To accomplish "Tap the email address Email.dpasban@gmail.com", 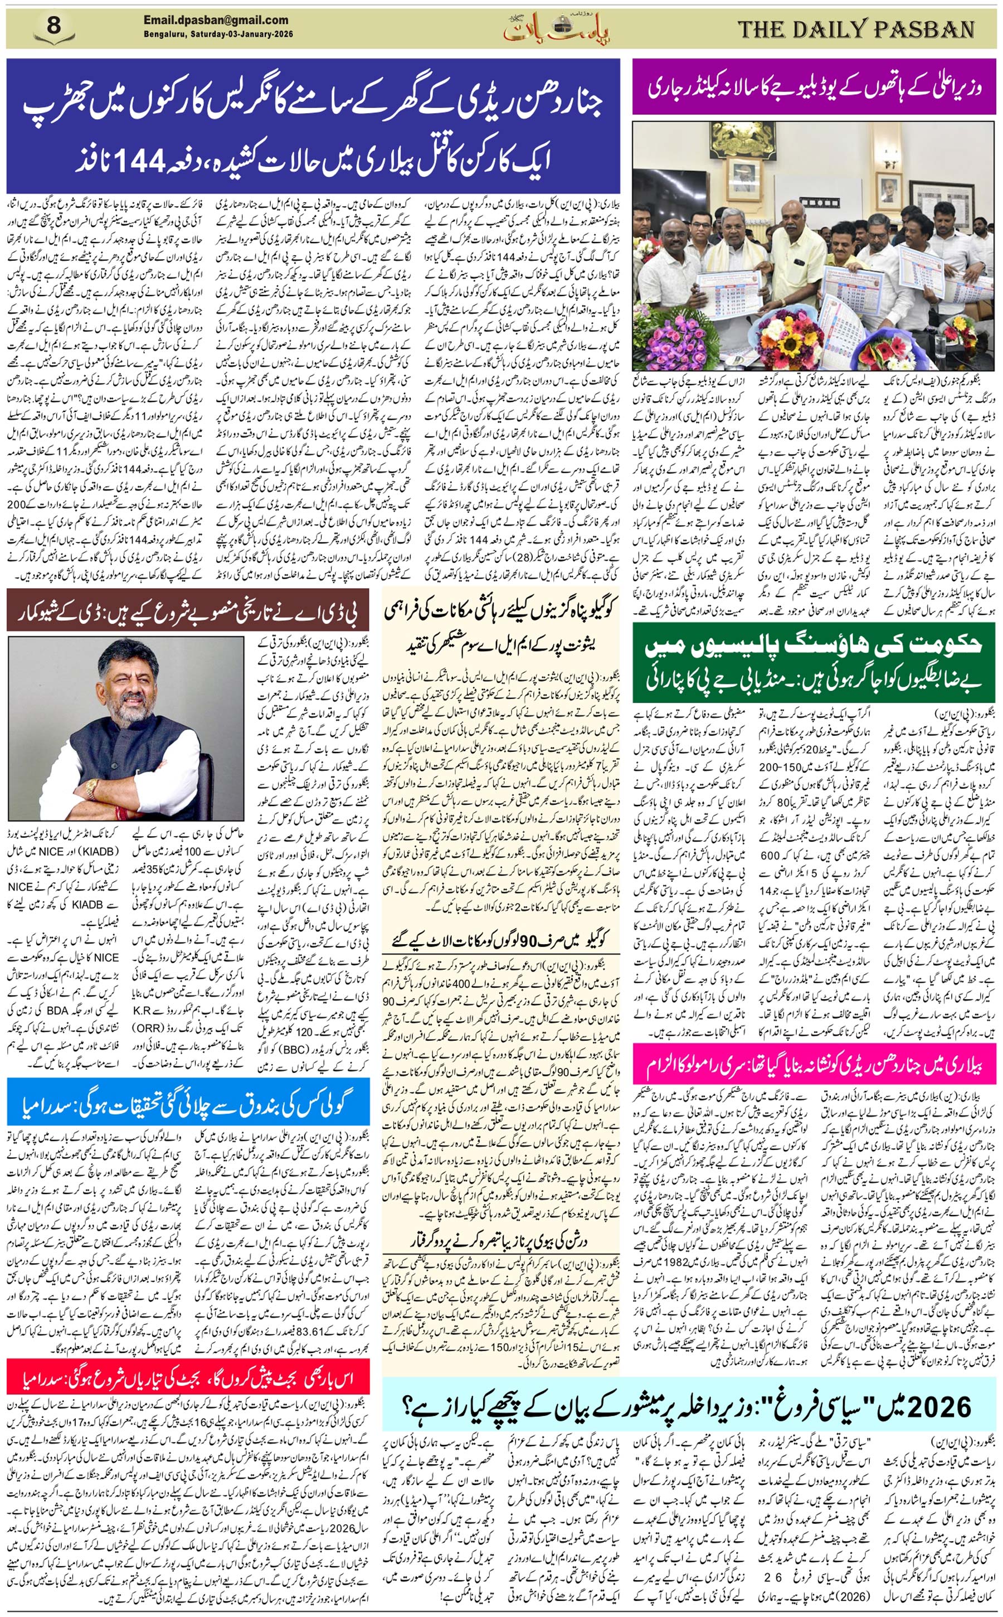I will tap(216, 21).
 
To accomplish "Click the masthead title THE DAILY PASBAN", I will tap(856, 30).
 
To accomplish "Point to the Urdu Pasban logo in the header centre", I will tap(556, 28).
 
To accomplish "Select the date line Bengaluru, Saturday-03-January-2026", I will tap(218, 34).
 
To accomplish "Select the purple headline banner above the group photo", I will tap(814, 87).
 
